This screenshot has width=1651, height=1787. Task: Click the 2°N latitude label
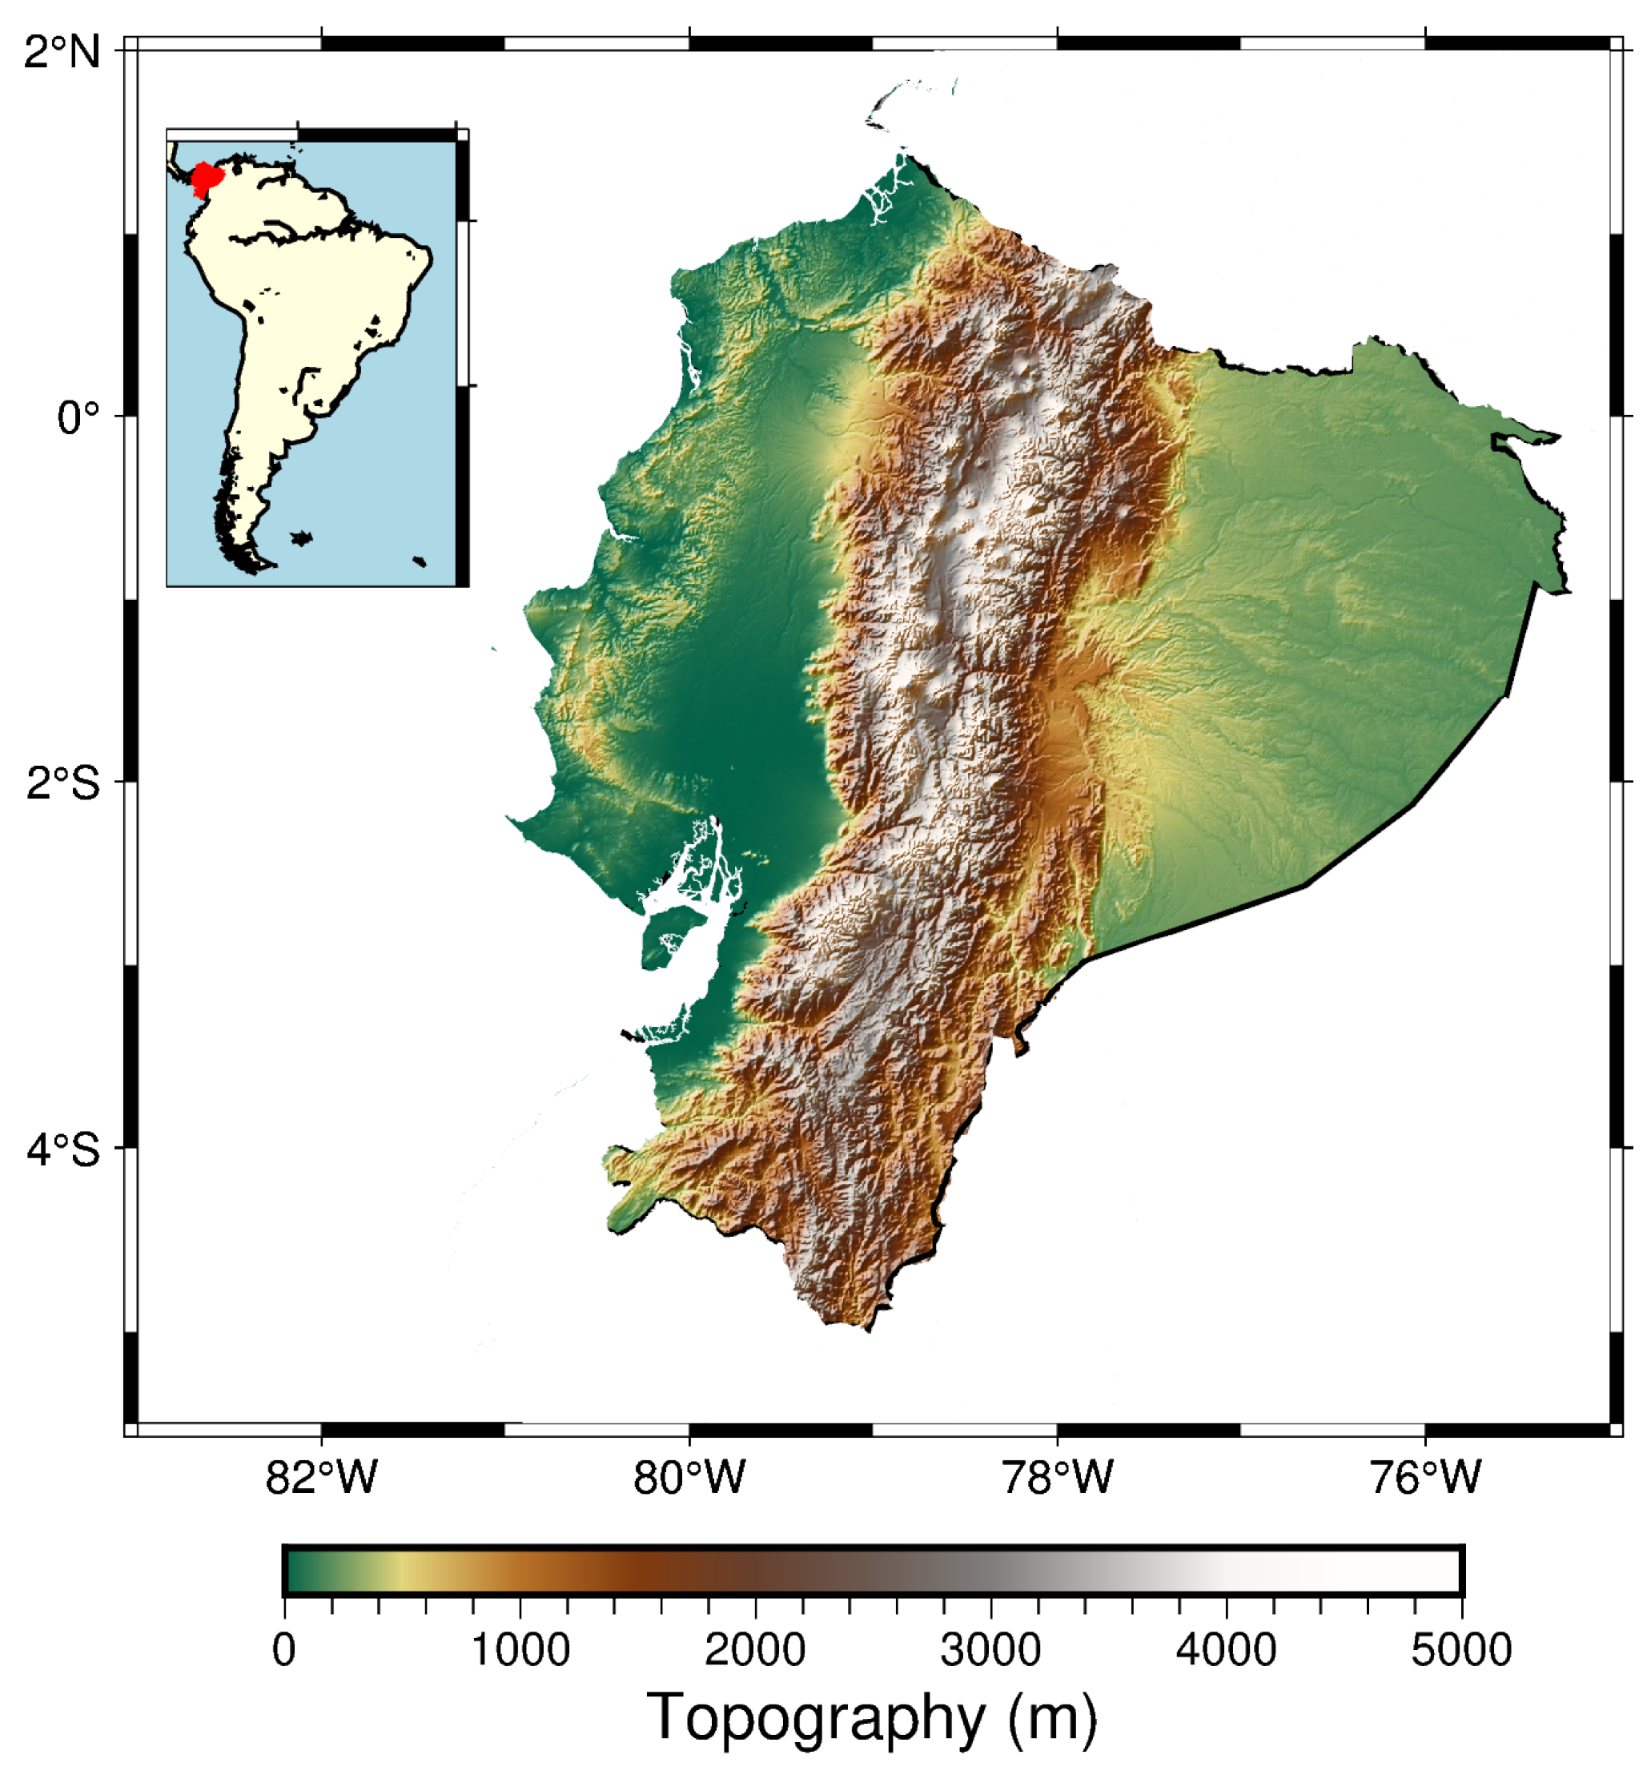tap(62, 52)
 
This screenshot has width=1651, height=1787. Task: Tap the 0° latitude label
tap(78, 417)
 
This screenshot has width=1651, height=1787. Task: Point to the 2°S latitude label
tap(62, 783)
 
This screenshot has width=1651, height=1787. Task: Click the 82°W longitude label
tap(322, 1476)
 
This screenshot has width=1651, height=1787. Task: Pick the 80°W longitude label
tap(689, 1476)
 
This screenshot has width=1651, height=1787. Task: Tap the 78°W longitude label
tap(1057, 1476)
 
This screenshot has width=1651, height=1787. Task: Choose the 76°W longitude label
tap(1425, 1476)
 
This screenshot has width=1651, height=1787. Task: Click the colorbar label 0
tap(284, 1649)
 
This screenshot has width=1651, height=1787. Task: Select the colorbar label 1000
tap(520, 1649)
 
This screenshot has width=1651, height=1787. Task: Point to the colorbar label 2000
tap(755, 1649)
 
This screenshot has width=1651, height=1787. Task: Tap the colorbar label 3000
tap(990, 1649)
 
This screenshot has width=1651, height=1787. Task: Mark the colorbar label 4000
tap(1226, 1649)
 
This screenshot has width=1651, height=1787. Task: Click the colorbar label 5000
tap(1461, 1649)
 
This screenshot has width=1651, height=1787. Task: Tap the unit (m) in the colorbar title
tap(1052, 1719)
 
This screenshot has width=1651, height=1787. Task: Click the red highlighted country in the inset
tap(206, 178)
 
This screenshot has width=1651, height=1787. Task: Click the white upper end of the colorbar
tap(1429, 1570)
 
